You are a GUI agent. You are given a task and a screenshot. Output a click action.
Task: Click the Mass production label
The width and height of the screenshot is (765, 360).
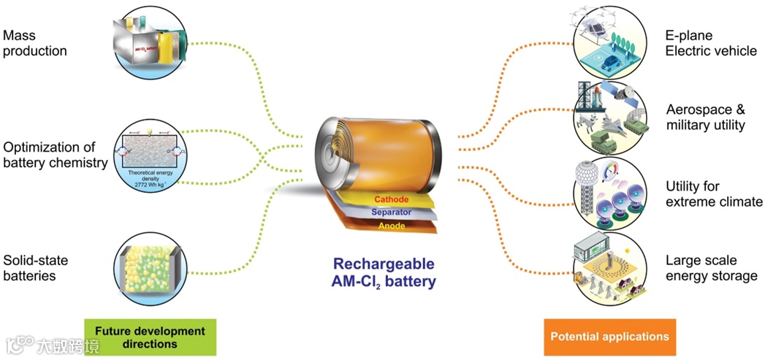point(34,42)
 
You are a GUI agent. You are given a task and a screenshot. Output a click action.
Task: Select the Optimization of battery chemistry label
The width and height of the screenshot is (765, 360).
point(56,153)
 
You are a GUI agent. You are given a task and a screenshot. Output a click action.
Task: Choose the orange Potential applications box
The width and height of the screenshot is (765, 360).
point(609,337)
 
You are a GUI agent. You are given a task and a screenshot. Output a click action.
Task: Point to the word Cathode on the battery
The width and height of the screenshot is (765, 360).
point(391,199)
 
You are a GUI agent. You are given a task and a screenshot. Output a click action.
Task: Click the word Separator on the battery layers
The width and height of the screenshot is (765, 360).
point(391,212)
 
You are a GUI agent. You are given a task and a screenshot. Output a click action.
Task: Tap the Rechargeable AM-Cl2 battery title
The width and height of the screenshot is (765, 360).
point(384,272)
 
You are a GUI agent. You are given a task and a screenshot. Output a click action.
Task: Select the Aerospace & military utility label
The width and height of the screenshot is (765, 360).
point(705,117)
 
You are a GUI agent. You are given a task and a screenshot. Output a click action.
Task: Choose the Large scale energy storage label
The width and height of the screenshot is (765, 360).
point(711,267)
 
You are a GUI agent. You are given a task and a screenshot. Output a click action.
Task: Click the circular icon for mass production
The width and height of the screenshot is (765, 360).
point(149,41)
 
